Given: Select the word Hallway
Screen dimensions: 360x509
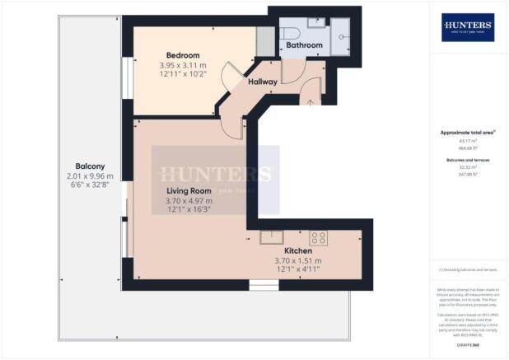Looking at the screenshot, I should [259, 82].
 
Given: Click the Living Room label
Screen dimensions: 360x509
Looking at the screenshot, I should [188, 190].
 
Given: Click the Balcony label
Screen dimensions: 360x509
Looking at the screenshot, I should [90, 165].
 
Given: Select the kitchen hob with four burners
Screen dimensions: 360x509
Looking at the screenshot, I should [318, 237].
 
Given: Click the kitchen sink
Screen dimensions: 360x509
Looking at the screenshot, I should [272, 237].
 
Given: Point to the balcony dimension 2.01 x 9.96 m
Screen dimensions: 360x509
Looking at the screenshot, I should [90, 175].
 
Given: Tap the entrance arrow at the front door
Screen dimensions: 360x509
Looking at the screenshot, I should [310, 101].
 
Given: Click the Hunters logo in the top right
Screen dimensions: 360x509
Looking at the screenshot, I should [468, 27].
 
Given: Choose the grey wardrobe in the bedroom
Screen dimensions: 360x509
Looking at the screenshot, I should [264, 40].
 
